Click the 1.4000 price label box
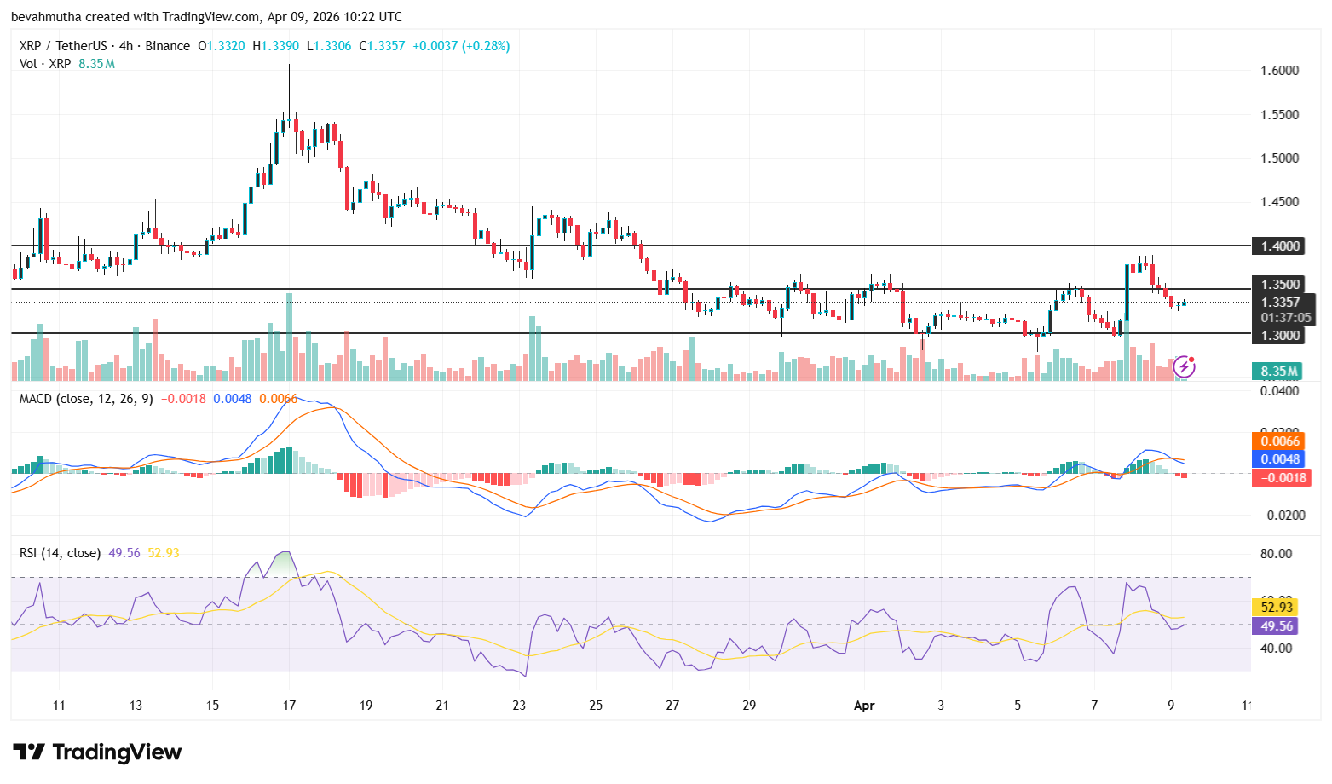(x=1280, y=246)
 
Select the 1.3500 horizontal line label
(x=1280, y=285)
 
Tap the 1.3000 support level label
(x=1280, y=336)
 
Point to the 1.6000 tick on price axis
(x=1279, y=71)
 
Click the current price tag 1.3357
(x=1280, y=303)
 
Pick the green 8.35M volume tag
(x=1278, y=372)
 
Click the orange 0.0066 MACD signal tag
(x=1279, y=441)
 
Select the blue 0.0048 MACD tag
(x=1279, y=459)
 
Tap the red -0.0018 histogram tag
(x=1279, y=478)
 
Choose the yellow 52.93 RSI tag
(x=1276, y=608)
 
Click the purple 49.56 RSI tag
(x=1276, y=626)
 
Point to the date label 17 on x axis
(x=289, y=706)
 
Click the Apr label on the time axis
(x=863, y=706)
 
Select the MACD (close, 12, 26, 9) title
(x=86, y=399)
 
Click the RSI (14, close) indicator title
(x=60, y=553)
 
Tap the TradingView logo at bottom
(x=97, y=752)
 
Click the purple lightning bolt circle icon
(x=1184, y=367)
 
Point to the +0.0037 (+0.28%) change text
(x=460, y=46)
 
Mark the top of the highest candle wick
(x=289, y=65)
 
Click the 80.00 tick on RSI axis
(x=1276, y=554)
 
